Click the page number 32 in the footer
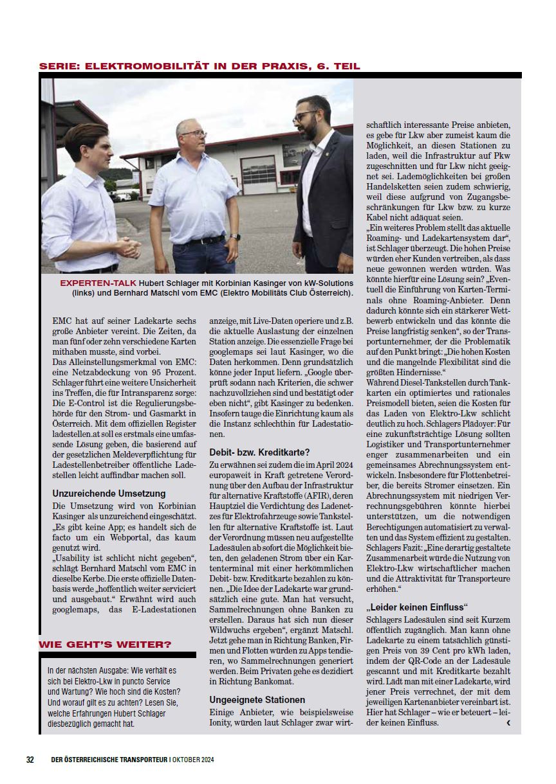pyautogui.click(x=30, y=759)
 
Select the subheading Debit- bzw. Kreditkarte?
pyautogui.click(x=260, y=452)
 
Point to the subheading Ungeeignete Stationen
pyautogui.click(x=257, y=699)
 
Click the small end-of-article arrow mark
pyautogui.click(x=508, y=723)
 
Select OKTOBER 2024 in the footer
pyautogui.click(x=192, y=760)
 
